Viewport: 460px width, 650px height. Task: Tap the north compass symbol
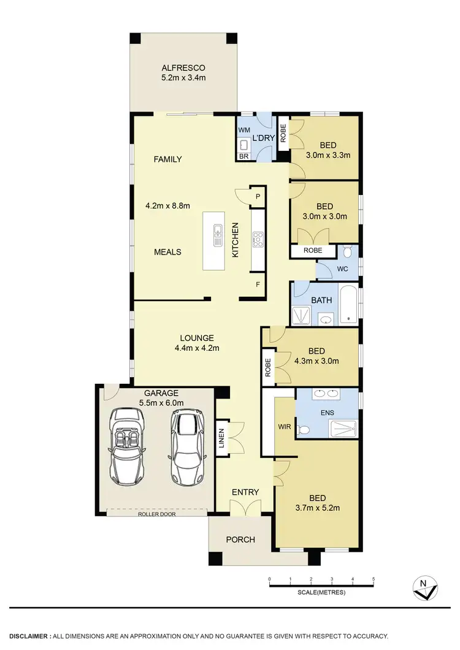click(424, 587)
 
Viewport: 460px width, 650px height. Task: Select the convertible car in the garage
click(128, 446)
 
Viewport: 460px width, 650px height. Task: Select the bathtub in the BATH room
click(347, 305)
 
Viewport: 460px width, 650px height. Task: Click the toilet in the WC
click(347, 251)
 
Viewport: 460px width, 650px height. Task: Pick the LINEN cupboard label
click(222, 438)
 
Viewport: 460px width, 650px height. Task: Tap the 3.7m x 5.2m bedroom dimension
click(316, 508)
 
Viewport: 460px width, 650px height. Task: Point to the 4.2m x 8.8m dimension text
click(167, 206)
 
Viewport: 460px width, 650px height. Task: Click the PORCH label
click(240, 540)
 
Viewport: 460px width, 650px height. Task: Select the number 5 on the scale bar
click(373, 579)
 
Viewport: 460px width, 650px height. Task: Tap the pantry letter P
click(258, 196)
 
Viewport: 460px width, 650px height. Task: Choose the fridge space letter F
click(258, 285)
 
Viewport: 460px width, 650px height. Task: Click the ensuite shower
click(343, 429)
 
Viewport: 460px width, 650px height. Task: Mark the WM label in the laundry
click(244, 130)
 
